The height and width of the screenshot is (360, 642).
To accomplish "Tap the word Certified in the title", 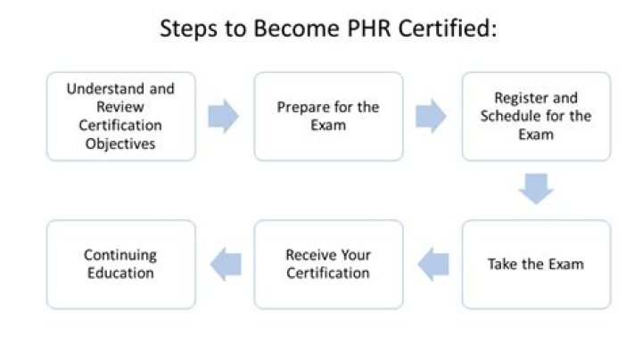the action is [x=448, y=29].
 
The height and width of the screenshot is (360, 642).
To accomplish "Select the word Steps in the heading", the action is [x=189, y=29].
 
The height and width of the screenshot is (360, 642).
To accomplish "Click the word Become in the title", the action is [x=296, y=29].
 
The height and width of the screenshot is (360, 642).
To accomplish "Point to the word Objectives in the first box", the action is [x=120, y=143].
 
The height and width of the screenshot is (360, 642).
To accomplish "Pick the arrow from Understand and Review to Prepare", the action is [x=224, y=116].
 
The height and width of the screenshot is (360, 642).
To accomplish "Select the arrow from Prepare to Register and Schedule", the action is [x=432, y=116].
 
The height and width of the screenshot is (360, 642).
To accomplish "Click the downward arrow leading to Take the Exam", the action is [x=537, y=189].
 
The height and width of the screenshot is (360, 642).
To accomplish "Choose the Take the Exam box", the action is [x=537, y=265].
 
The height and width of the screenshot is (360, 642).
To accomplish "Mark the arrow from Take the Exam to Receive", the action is [x=433, y=265].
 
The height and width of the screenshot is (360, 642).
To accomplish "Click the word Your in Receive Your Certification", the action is [x=356, y=255].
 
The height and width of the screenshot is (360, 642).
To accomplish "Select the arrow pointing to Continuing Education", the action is [x=226, y=265].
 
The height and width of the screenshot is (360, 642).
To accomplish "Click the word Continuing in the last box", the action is [x=120, y=256].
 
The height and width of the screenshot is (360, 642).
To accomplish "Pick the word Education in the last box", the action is [x=120, y=273].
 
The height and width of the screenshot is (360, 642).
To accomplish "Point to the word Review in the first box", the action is [x=120, y=107].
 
